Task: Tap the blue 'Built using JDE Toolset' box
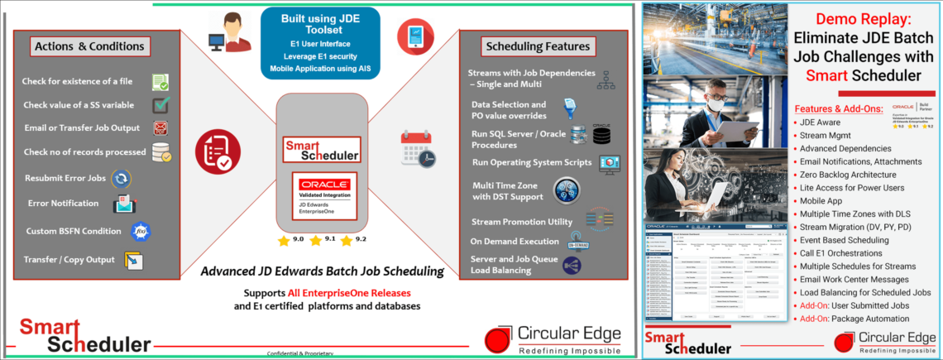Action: pyautogui.click(x=319, y=42)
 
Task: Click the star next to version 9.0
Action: pyautogui.click(x=284, y=240)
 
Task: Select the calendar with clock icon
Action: pyautogui.click(x=417, y=150)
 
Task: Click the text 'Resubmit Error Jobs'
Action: pyautogui.click(x=65, y=178)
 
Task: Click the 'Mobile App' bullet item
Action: pyautogui.click(x=820, y=200)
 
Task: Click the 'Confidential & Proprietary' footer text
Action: pyautogui.click(x=299, y=353)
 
